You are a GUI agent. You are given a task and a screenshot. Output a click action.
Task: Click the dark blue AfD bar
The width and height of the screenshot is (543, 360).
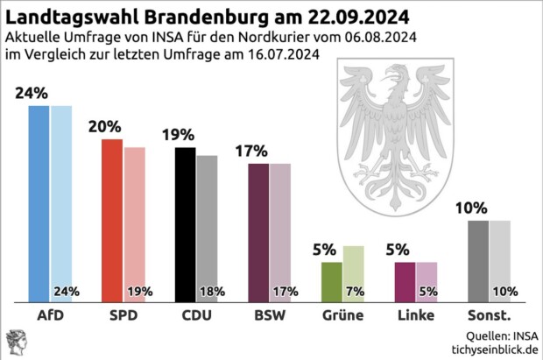39,201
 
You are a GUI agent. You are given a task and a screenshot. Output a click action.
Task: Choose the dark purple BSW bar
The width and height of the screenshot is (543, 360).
258,231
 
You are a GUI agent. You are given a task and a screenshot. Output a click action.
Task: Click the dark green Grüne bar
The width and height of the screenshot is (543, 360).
332,280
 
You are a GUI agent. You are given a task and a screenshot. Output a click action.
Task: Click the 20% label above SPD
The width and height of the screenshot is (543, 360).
104,126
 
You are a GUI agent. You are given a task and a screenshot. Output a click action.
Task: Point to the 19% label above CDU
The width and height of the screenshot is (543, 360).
178,135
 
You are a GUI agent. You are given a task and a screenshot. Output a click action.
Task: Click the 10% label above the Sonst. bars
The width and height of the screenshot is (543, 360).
470,208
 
